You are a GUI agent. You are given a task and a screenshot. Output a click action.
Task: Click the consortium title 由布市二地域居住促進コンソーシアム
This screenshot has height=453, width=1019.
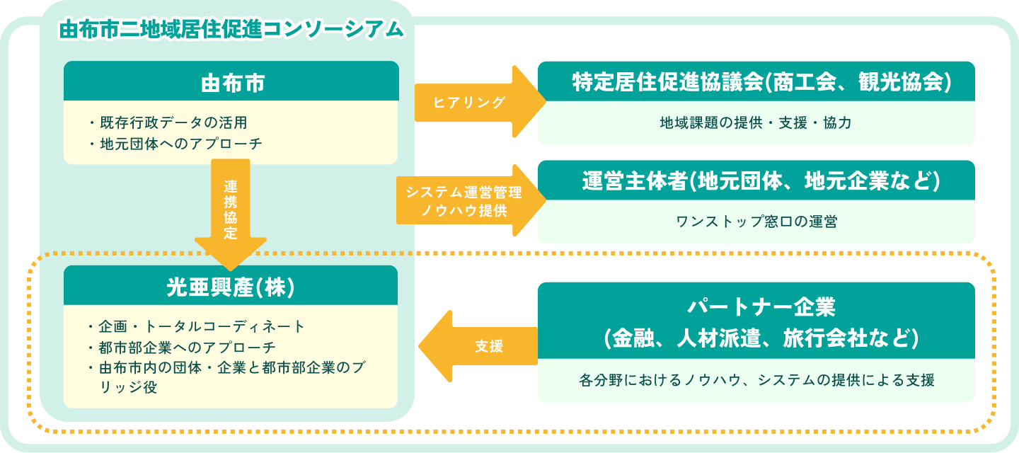coord(231,30)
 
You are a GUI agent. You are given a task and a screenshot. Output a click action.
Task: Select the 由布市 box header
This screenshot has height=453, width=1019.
coord(231,81)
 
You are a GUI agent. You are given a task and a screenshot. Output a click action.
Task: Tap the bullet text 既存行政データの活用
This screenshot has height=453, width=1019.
coord(173,122)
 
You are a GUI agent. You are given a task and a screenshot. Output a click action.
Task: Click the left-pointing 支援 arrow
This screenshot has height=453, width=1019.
coord(481,347)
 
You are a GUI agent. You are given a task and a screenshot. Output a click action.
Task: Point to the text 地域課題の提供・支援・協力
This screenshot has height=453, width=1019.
coord(756,122)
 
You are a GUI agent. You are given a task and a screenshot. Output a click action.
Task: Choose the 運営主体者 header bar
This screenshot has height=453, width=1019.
coord(756,181)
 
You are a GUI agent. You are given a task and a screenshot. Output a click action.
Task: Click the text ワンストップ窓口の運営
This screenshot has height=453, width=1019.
coord(756,222)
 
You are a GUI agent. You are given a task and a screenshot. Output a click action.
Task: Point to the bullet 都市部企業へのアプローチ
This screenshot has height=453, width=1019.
coord(187,348)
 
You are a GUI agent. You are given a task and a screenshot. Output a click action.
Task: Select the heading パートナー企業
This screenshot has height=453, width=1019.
coord(756,308)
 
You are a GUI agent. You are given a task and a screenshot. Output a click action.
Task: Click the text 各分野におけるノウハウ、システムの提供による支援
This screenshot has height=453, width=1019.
coord(756,380)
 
